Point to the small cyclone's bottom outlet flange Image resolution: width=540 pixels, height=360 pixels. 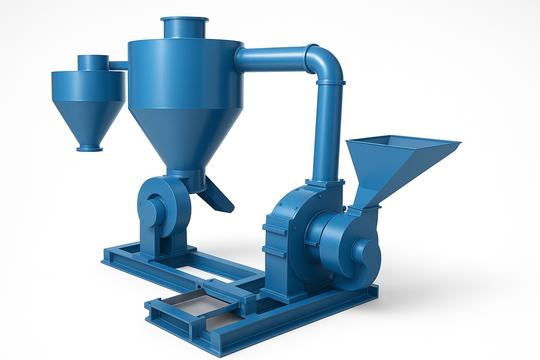coord(90,149)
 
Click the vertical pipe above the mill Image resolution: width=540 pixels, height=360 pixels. coord(329,134)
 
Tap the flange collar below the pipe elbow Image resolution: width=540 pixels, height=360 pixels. coord(329,82)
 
